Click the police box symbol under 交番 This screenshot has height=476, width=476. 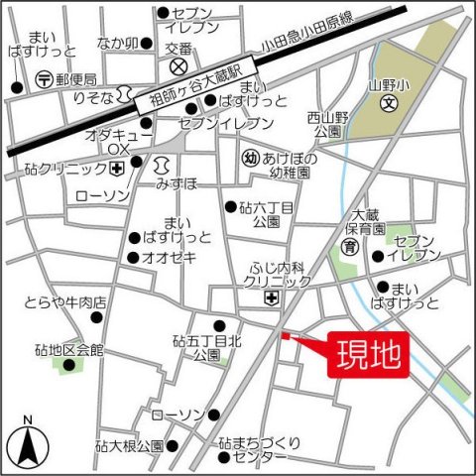click(x=179, y=66)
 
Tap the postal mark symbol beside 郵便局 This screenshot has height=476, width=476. click(x=43, y=78)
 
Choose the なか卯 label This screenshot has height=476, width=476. click(x=116, y=43)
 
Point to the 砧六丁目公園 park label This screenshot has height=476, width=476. click(x=268, y=214)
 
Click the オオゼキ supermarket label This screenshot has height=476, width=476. click(x=171, y=258)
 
